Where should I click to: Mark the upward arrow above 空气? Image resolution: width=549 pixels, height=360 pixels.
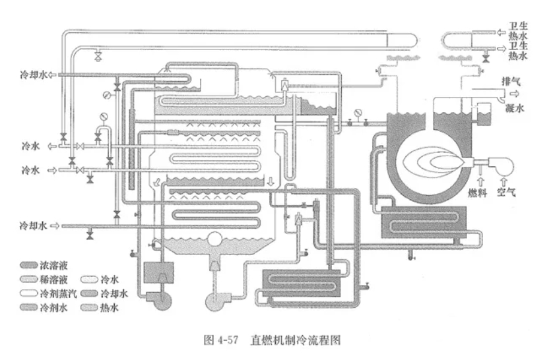point(506,178)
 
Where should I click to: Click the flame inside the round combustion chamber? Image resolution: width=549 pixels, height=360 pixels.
point(433,160)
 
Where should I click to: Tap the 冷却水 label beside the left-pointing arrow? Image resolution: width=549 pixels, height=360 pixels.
point(34,75)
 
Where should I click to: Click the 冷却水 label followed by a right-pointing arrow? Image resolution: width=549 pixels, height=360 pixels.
point(34,225)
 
